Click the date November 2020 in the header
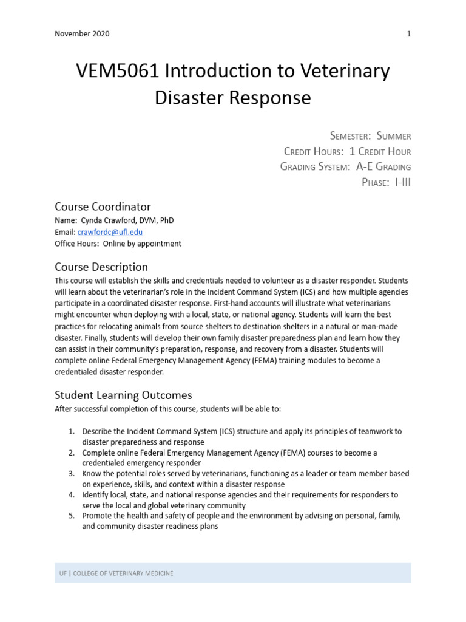coord(82,34)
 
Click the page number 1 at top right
coord(408,34)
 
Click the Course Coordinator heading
coord(103,207)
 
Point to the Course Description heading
coord(101,267)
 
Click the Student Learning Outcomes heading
coord(123,395)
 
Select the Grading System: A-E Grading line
coord(345,166)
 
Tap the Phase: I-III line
coord(386,182)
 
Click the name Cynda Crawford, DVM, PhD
coord(117,220)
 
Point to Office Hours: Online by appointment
coord(118,244)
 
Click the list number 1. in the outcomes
coord(72,431)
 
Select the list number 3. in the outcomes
coord(72,473)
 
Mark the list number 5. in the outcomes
coord(72,516)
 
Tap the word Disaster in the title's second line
coord(191,97)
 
